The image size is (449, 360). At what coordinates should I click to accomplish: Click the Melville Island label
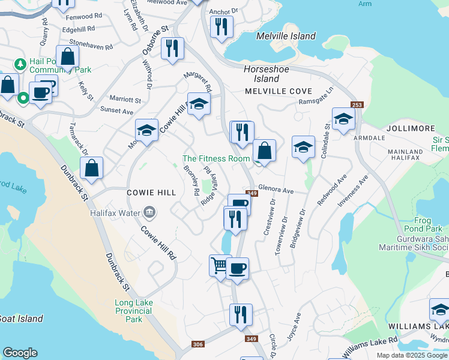[286, 36]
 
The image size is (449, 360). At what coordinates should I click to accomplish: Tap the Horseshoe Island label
[266, 74]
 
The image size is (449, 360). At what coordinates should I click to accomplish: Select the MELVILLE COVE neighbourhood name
[278, 91]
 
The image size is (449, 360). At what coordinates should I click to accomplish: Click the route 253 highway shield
[357, 105]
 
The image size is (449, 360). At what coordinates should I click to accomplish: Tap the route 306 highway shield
[197, 344]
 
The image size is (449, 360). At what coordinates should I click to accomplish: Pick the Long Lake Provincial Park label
[133, 311]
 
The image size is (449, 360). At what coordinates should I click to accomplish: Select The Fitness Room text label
[216, 159]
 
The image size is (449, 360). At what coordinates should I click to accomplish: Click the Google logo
[20, 353]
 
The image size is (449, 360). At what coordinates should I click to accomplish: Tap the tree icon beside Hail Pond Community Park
[20, 63]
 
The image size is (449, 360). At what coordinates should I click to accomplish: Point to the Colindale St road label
[327, 140]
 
